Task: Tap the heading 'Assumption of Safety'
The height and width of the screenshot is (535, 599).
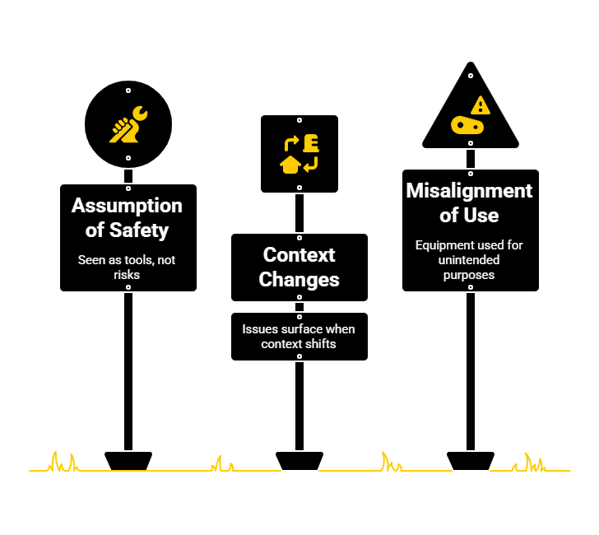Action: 128,217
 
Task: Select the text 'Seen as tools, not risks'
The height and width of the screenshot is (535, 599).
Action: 128,267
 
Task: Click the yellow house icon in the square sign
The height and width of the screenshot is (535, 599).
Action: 290,165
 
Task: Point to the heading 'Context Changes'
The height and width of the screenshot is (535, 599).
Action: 299,267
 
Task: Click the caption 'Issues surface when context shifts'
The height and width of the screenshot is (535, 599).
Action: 299,336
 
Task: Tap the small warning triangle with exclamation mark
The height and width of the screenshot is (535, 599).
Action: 480,105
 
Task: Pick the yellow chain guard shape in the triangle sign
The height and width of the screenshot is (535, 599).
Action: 467,126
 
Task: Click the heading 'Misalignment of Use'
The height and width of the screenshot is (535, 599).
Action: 470,202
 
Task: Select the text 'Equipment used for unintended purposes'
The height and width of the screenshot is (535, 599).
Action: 469,259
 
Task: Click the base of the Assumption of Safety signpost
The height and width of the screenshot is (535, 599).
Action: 128,460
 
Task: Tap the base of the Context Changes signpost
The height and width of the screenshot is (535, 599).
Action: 299,460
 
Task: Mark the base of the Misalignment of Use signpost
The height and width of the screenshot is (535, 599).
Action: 470,460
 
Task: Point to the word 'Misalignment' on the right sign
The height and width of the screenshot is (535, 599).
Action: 470,191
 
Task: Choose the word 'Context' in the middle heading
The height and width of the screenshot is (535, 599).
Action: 299,254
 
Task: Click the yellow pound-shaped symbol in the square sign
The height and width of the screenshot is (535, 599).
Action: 310,143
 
